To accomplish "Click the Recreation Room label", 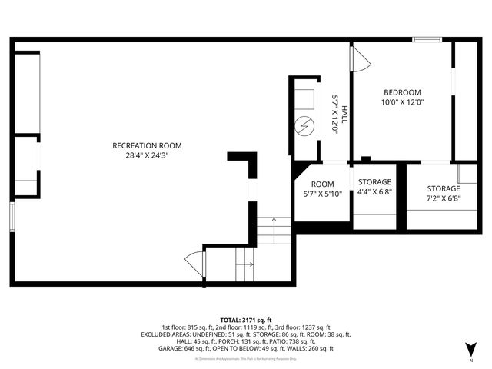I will click(x=147, y=145).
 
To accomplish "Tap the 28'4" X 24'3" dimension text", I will click(x=147, y=155).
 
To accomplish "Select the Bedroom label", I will click(x=402, y=92).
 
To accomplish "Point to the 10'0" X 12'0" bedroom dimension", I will click(x=403, y=102).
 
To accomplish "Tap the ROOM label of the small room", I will click(x=322, y=184).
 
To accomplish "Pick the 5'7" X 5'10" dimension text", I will click(x=322, y=194).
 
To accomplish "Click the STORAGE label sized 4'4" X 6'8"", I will click(x=374, y=182).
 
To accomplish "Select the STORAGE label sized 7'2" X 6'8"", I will click(x=444, y=188).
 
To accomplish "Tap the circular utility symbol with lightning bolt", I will click(x=305, y=125).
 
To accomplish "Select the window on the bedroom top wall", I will click(x=427, y=39).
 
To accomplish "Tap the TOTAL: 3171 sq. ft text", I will click(x=246, y=320).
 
